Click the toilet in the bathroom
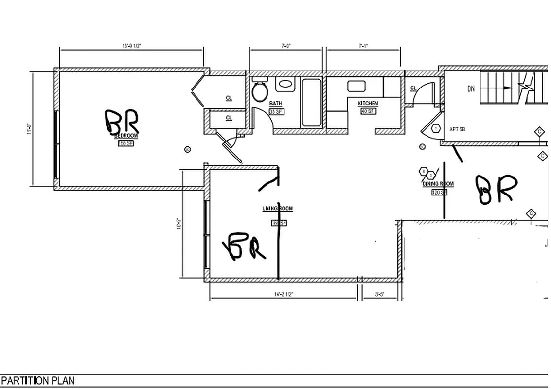point(260,90)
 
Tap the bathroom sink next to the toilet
point(285,84)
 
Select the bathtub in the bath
point(311,102)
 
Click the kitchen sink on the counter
point(356,86)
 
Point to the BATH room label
point(275,104)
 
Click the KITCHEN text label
point(368,104)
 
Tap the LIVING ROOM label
point(278,209)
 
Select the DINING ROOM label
point(438,184)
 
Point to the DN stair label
point(471,89)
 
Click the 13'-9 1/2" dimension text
point(131,46)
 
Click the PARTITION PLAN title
point(38,380)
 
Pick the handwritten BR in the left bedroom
point(122,122)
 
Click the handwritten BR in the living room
point(244,247)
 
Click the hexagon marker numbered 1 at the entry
point(436,129)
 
